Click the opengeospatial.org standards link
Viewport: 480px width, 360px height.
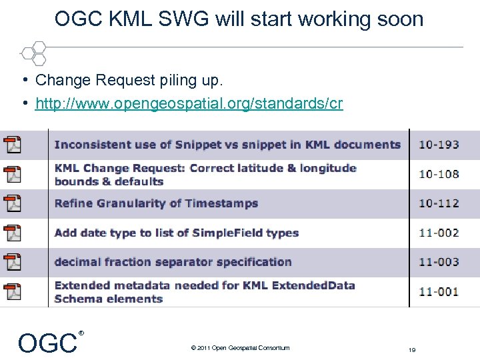click(x=189, y=104)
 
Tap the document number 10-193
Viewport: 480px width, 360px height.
click(x=439, y=145)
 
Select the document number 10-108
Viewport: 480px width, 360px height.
click(x=439, y=174)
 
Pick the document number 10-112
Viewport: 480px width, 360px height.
click(x=439, y=203)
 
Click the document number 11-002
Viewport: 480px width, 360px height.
click(x=439, y=233)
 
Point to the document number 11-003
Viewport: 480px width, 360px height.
click(x=439, y=262)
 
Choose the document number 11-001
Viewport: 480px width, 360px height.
click(x=439, y=291)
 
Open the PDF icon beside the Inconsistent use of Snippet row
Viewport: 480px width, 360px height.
click(x=13, y=145)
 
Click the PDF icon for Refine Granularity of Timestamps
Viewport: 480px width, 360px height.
click(x=13, y=203)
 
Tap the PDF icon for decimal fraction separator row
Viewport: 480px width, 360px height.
click(x=13, y=262)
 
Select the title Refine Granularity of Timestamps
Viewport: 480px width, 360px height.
click(x=156, y=203)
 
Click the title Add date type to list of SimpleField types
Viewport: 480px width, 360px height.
click(x=176, y=233)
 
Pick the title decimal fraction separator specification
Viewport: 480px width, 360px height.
click(x=173, y=262)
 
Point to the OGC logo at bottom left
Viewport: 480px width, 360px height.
click(x=48, y=343)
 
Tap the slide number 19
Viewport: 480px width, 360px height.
click(x=413, y=349)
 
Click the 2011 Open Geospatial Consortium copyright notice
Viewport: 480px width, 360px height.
click(x=240, y=347)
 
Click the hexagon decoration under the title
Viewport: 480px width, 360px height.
click(x=33, y=51)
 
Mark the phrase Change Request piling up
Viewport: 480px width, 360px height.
click(x=129, y=81)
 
